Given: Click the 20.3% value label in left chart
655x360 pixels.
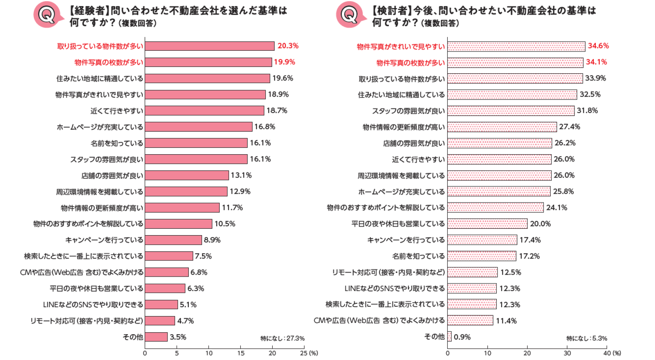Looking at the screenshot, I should [x=288, y=46].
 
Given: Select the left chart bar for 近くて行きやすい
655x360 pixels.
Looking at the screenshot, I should [x=205, y=111].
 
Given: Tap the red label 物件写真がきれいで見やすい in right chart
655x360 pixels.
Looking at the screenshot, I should [x=401, y=47].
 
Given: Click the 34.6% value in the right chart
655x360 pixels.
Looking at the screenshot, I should [x=598, y=46].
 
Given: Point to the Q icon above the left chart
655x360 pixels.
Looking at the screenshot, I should [x=47, y=15].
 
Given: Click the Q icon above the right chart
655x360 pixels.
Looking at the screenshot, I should [x=349, y=15].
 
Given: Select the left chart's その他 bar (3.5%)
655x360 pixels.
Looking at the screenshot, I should [x=156, y=337].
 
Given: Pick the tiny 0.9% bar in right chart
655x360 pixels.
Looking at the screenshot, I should [x=449, y=337].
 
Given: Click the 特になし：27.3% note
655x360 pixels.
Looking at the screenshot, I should [x=282, y=338].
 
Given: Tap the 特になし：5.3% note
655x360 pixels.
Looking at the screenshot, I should [x=587, y=338].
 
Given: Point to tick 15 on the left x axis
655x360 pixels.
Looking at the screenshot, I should [x=241, y=353].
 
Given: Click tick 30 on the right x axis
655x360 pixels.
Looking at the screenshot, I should [x=567, y=353].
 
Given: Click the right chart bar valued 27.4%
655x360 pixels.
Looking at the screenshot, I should [x=502, y=127].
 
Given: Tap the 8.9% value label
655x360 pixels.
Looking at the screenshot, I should [x=212, y=240].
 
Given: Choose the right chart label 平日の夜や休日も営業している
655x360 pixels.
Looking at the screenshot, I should [x=398, y=224].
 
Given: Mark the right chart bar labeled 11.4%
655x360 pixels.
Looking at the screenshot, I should [x=470, y=321].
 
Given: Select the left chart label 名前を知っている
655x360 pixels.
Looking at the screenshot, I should [x=117, y=143].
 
